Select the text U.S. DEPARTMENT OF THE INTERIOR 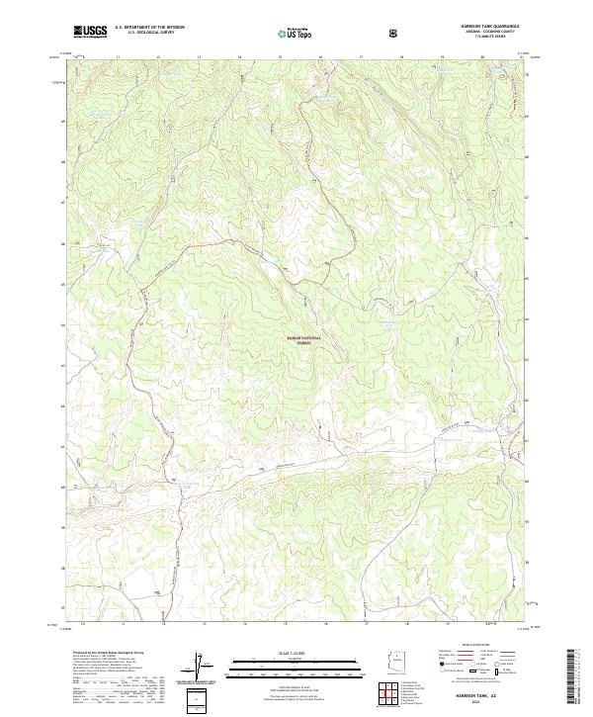tap(149, 28)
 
